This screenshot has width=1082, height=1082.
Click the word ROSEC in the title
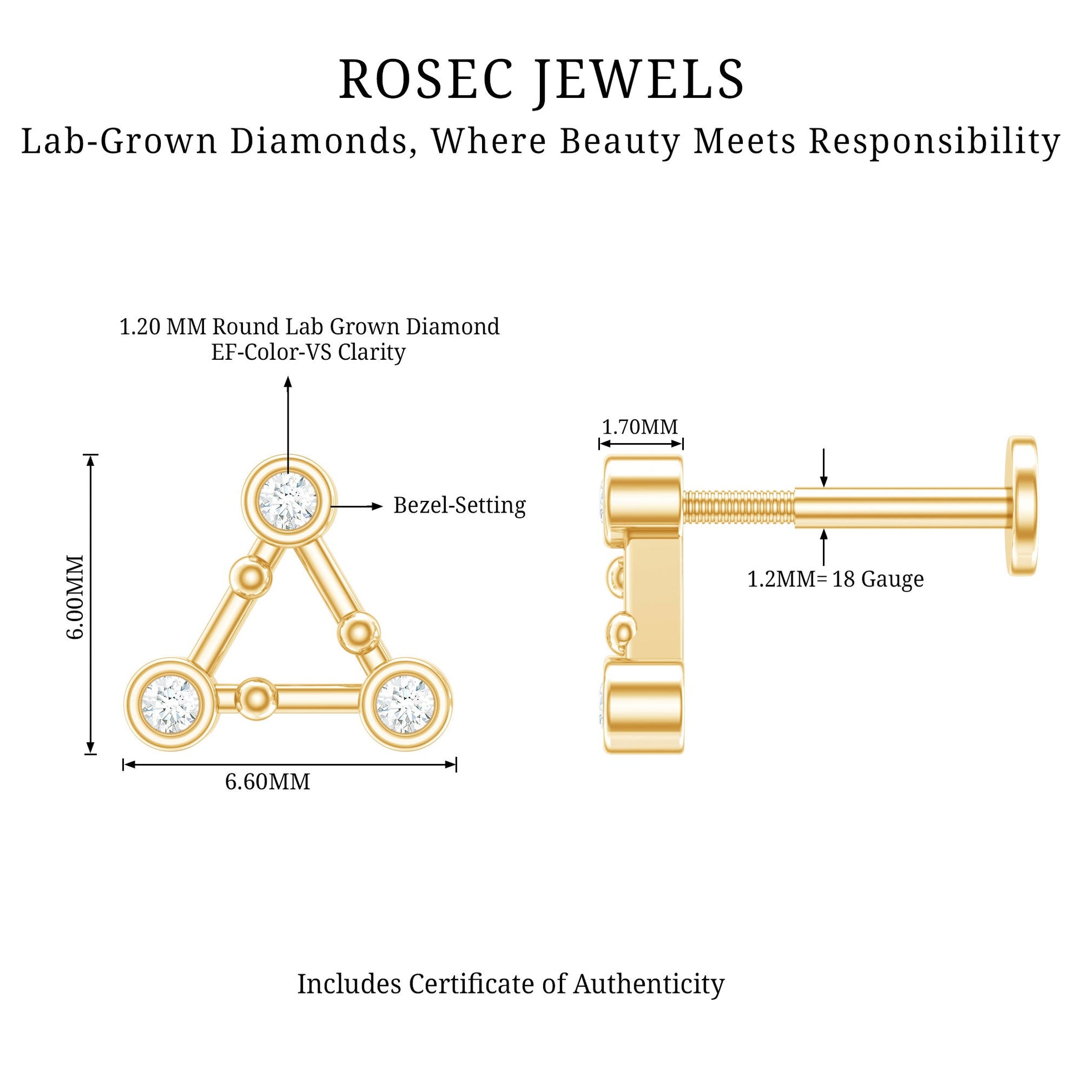tap(426, 79)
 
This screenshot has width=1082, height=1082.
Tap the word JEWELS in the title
tap(639, 82)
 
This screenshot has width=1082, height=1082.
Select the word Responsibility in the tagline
tap(935, 142)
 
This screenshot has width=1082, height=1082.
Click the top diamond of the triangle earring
tap(288, 500)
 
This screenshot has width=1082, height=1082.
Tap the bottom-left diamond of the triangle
tap(170, 704)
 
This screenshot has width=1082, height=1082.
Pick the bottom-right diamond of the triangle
tap(406, 704)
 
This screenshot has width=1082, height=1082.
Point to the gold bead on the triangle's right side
tap(359, 633)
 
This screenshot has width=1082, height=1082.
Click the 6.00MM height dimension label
tap(75, 597)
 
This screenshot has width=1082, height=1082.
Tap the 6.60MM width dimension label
tap(267, 782)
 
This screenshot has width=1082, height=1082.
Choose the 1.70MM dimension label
tap(639, 427)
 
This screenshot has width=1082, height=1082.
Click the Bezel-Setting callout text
tap(460, 506)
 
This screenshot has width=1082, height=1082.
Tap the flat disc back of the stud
tap(1021, 506)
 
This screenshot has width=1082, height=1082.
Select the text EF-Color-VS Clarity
tap(308, 353)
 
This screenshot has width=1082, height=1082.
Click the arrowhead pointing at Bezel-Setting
tap(378, 507)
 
